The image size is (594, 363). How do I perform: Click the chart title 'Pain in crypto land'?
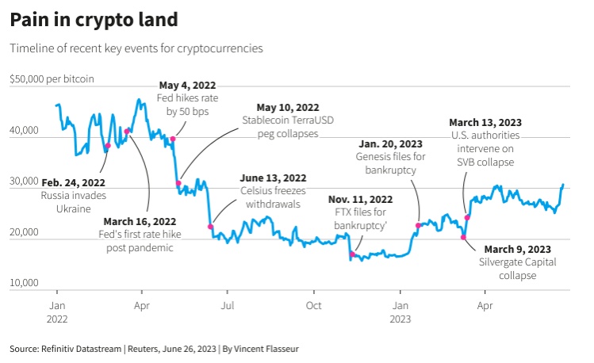coord(94,18)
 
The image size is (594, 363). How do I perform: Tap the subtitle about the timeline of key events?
coord(136,48)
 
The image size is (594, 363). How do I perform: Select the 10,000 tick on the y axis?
coord(24,283)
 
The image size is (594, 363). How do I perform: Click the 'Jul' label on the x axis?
coord(228,304)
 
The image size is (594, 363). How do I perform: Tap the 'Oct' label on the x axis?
coord(314,304)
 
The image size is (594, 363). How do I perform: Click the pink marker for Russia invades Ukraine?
coord(108,146)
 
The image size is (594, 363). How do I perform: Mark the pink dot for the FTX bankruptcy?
coord(351,254)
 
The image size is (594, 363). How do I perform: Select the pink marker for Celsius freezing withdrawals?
coord(210,227)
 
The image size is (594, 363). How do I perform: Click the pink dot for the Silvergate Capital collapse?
coord(463,237)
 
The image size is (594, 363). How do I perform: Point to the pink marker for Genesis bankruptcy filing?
coord(418,226)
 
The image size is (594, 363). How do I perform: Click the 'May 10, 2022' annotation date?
coord(288,107)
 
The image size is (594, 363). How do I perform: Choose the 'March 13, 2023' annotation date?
coord(485,122)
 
